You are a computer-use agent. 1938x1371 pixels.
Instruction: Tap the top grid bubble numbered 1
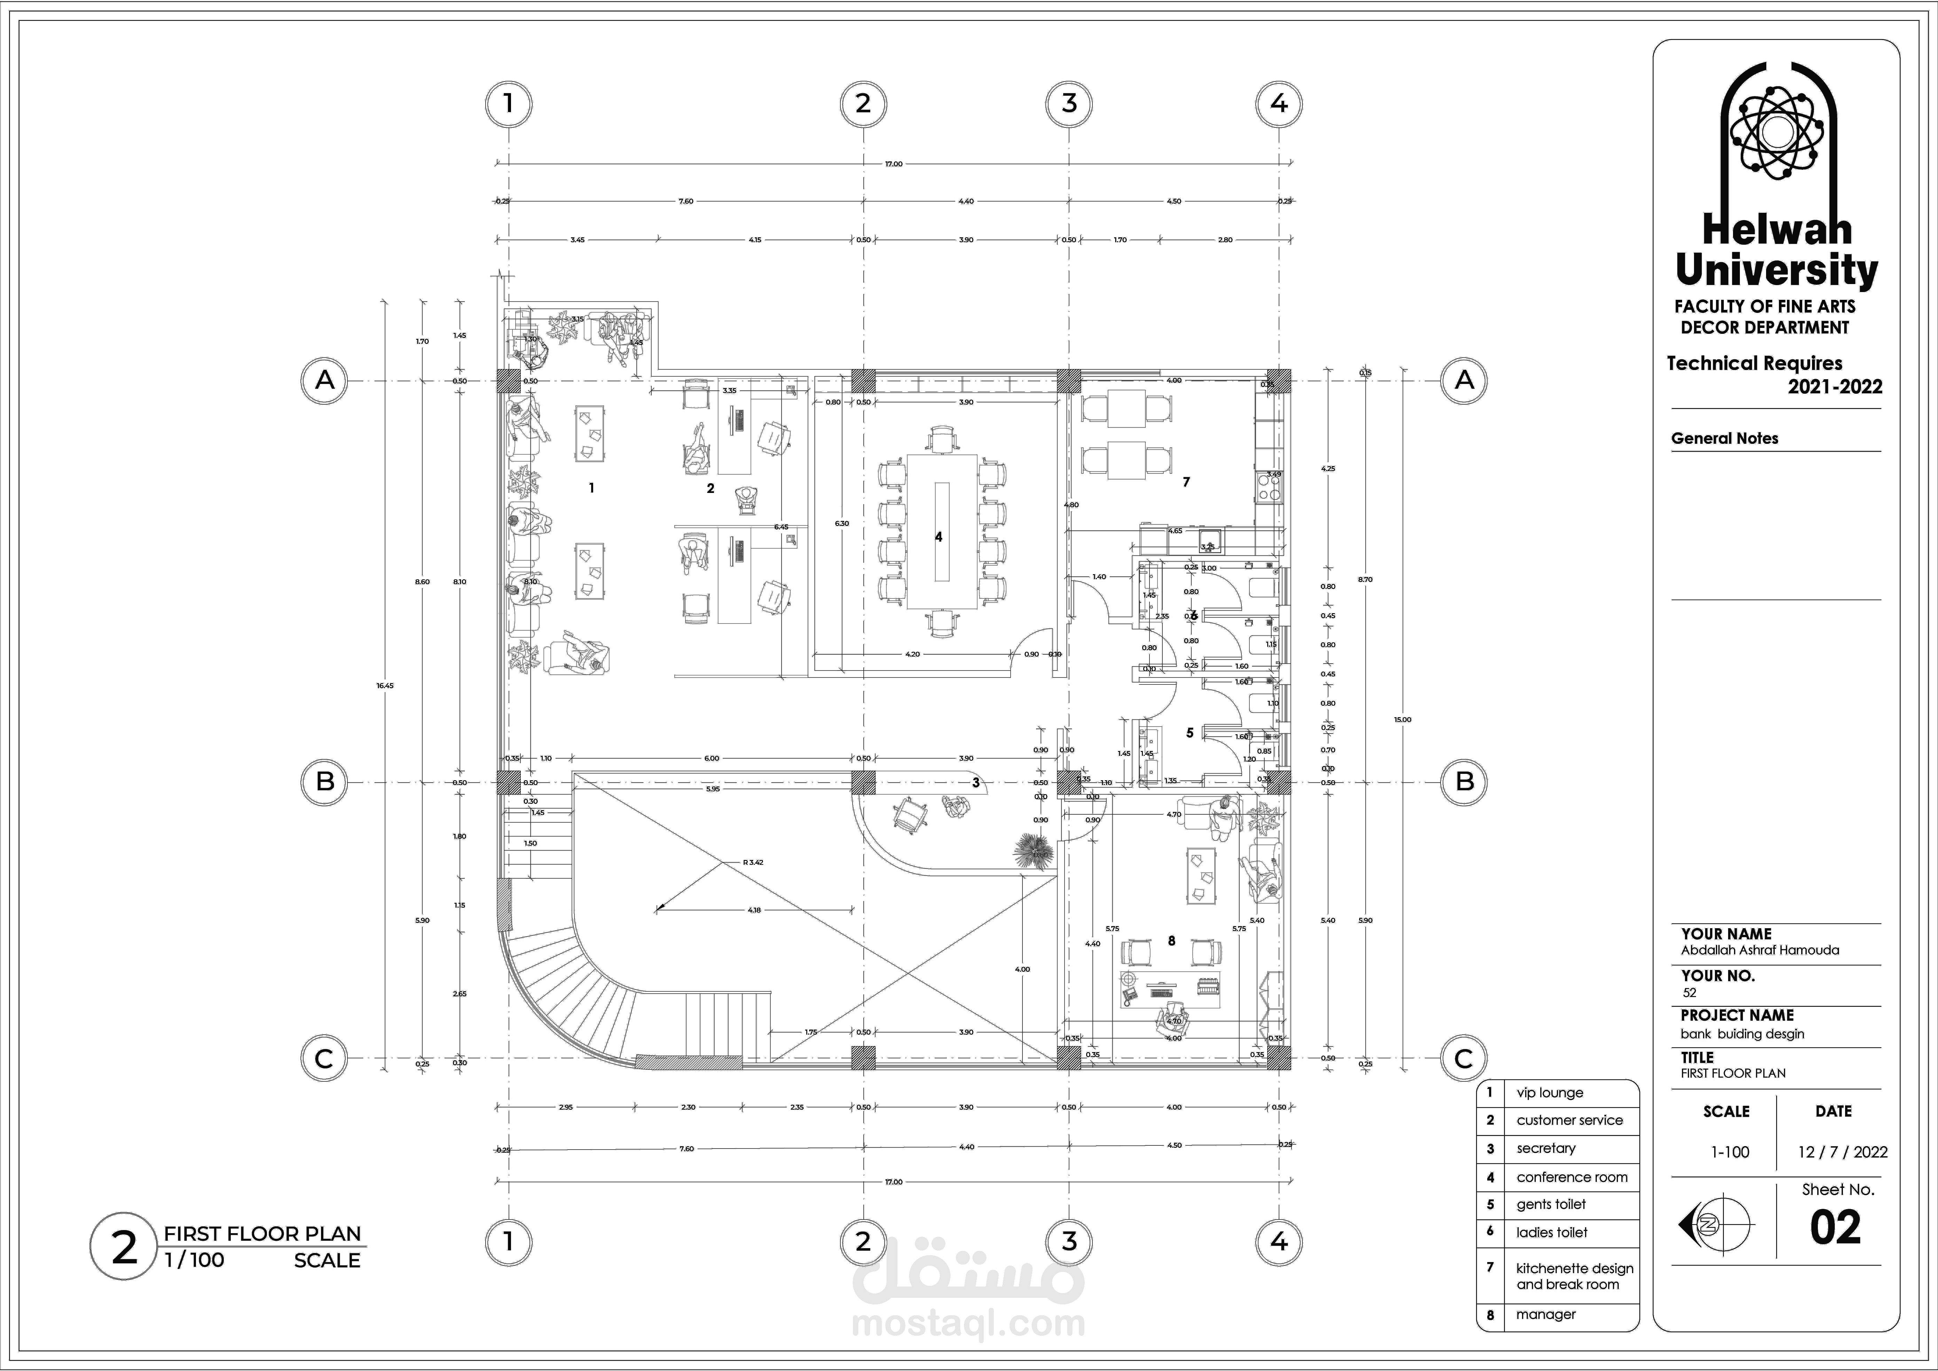(508, 104)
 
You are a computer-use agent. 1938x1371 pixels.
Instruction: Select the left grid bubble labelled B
(325, 782)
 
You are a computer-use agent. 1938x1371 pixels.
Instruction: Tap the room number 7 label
(1186, 482)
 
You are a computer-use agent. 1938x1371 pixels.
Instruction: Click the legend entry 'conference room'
(1572, 1177)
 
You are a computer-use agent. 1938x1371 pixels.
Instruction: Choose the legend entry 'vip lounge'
(1550, 1092)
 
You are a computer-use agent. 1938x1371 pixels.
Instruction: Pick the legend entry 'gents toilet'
(1552, 1205)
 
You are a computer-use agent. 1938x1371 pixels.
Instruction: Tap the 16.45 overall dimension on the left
(385, 685)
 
